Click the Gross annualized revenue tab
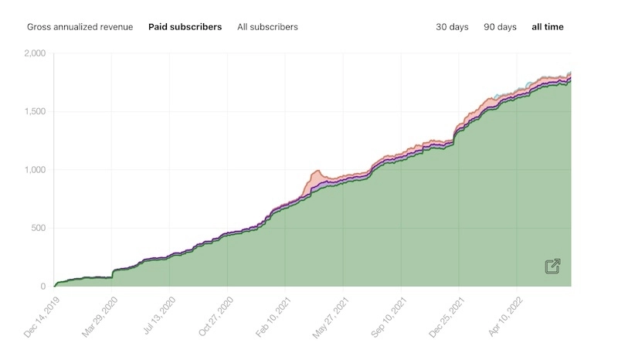coord(80,27)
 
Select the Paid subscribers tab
coord(185,27)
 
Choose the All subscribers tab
coord(267,27)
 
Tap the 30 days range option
coord(452,27)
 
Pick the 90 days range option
coord(500,27)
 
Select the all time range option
coord(548,27)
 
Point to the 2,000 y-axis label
coord(35,53)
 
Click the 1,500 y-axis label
coord(35,112)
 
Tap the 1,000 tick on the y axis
coord(35,170)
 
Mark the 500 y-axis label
coord(38,228)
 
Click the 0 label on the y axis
coord(43,287)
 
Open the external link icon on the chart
coord(552,267)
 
